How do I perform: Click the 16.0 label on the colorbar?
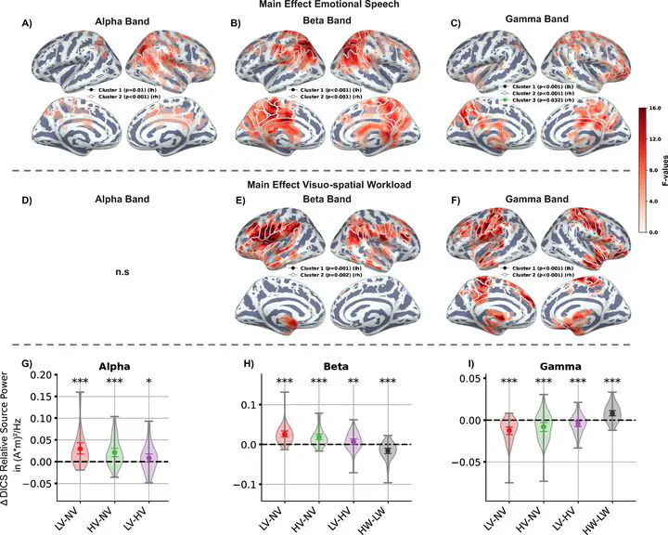653,109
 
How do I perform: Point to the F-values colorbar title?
662,170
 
